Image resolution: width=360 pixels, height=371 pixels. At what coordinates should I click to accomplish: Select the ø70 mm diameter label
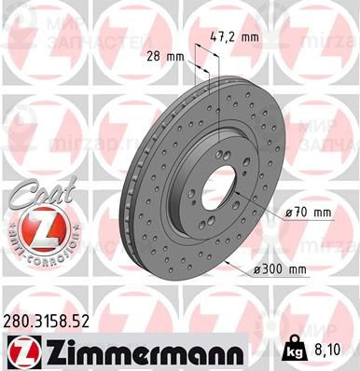coord(310,213)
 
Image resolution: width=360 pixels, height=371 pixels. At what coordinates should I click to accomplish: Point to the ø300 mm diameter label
coord(308,270)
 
